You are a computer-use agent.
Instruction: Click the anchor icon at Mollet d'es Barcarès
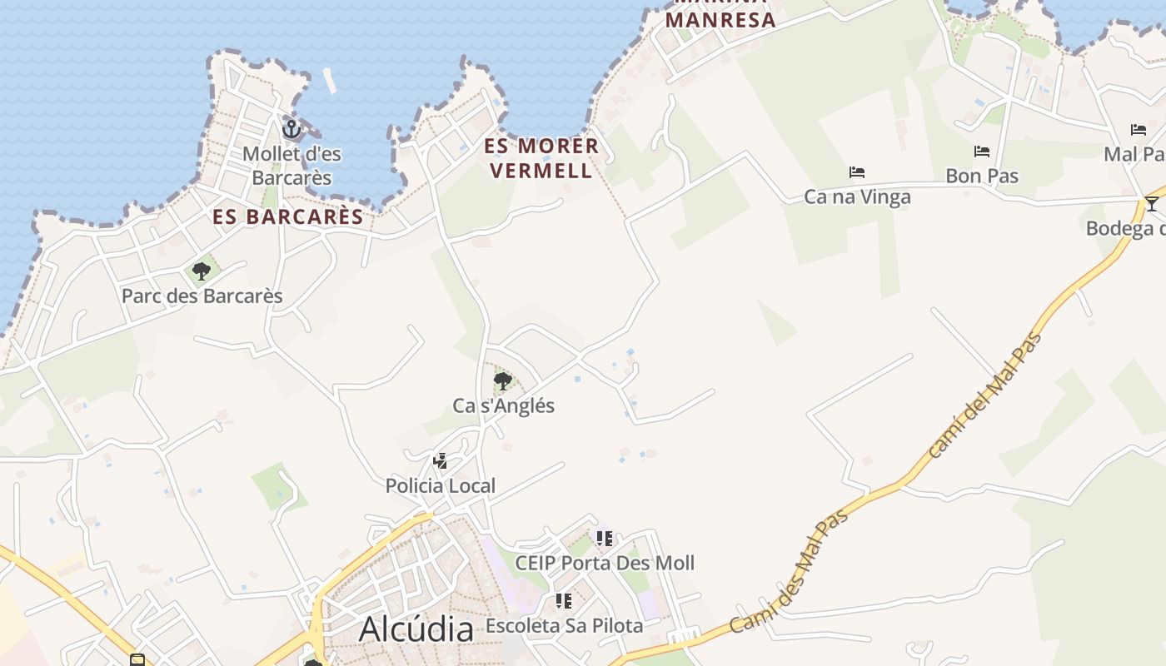tap(291, 129)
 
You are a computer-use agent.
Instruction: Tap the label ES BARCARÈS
tap(288, 217)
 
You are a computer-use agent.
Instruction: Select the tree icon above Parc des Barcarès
tap(201, 271)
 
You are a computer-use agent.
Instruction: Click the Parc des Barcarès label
tap(202, 296)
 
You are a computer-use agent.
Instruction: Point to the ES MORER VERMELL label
tap(541, 158)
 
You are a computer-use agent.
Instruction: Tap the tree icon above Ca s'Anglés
tap(502, 381)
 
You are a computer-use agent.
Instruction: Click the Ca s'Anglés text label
tap(503, 405)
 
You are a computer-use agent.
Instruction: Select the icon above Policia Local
tap(441, 461)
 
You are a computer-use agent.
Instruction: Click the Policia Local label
tap(441, 485)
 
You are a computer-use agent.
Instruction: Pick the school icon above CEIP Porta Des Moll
tap(605, 539)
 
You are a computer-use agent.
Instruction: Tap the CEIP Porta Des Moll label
tap(605, 563)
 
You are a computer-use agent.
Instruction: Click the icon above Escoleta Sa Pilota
tap(564, 601)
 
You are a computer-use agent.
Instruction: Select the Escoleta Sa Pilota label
tap(564, 625)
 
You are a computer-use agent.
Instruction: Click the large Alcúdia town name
tap(416, 629)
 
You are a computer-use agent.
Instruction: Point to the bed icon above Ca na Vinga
tap(857, 172)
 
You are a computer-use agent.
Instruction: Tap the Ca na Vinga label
tap(857, 196)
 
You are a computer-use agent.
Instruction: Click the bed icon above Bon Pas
tap(982, 152)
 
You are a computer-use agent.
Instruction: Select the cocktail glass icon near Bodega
tap(1151, 204)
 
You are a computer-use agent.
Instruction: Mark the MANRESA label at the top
tap(721, 20)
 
